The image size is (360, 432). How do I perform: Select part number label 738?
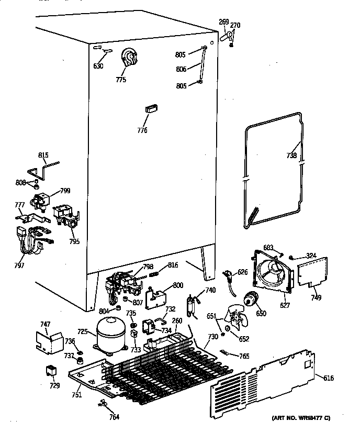pyautogui.click(x=291, y=156)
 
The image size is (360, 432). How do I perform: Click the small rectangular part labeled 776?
pyautogui.click(x=151, y=108)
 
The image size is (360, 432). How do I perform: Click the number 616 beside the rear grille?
pyautogui.click(x=329, y=378)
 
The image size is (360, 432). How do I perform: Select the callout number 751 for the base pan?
pyautogui.click(x=76, y=395)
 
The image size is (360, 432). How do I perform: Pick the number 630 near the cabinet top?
pyautogui.click(x=98, y=66)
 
